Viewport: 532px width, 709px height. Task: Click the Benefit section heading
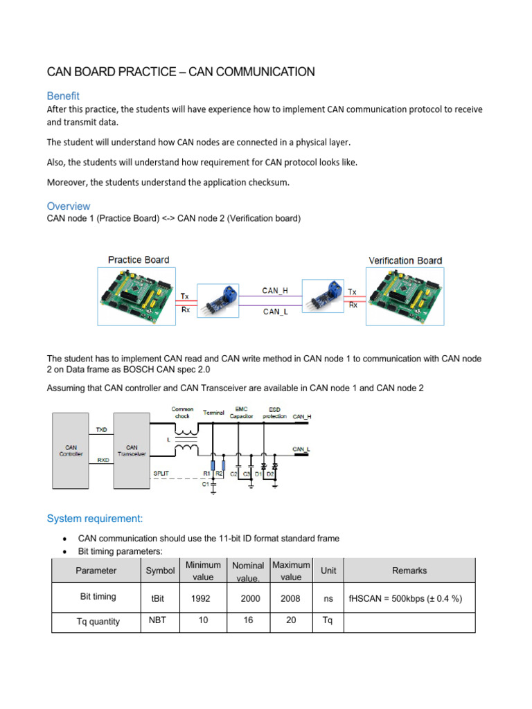pyautogui.click(x=63, y=96)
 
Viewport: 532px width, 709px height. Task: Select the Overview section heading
pyautogui.click(x=68, y=206)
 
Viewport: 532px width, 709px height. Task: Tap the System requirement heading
pyautogui.click(x=95, y=518)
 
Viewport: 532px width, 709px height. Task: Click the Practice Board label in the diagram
pyautogui.click(x=138, y=260)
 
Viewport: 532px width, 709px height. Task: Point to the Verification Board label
pyautogui.click(x=405, y=260)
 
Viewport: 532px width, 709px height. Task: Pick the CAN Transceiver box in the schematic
pyautogui.click(x=132, y=451)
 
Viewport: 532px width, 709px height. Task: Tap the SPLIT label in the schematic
pyautogui.click(x=161, y=473)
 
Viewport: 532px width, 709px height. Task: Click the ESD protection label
pyautogui.click(x=274, y=413)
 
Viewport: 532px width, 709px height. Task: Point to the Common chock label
pyautogui.click(x=182, y=413)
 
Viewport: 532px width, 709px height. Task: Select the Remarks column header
pyautogui.click(x=409, y=571)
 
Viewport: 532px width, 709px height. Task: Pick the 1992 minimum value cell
pyautogui.click(x=203, y=597)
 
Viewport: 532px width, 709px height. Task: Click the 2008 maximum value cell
pyautogui.click(x=291, y=597)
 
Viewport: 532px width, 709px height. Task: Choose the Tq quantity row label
pyautogui.click(x=97, y=621)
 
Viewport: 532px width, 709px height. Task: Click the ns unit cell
pyautogui.click(x=328, y=597)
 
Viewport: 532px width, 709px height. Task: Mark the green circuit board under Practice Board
pyautogui.click(x=138, y=296)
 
